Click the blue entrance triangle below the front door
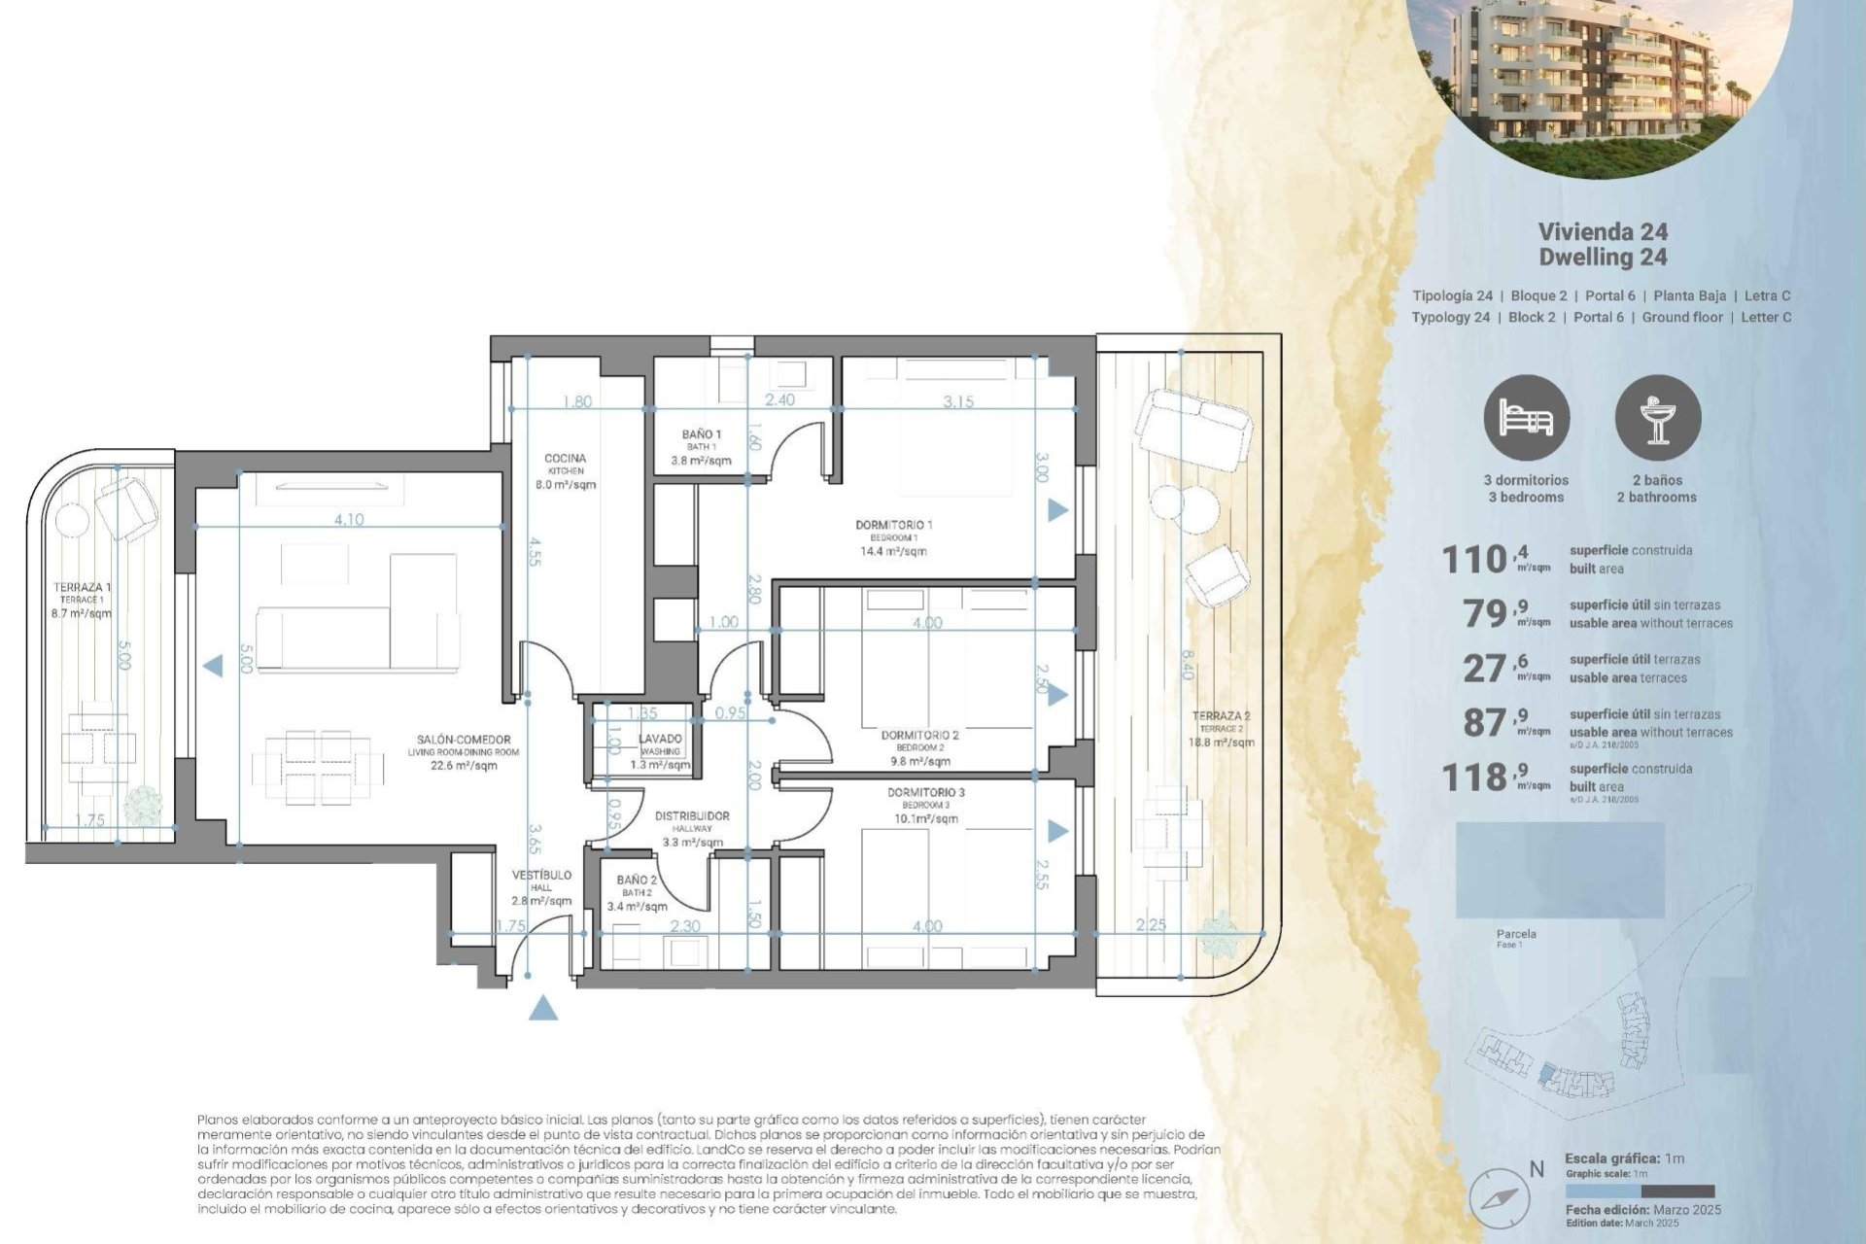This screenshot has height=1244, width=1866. click(544, 1008)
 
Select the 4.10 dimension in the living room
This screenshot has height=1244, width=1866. click(348, 520)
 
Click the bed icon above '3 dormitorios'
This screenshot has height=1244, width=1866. click(1526, 419)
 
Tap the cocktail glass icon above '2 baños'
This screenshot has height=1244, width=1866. click(1657, 419)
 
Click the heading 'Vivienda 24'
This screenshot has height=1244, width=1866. click(1603, 231)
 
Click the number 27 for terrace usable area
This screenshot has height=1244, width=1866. click(1484, 669)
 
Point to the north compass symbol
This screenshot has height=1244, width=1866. click(1502, 1198)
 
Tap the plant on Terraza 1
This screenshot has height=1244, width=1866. click(146, 805)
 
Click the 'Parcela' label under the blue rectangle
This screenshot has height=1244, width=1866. click(1516, 934)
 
